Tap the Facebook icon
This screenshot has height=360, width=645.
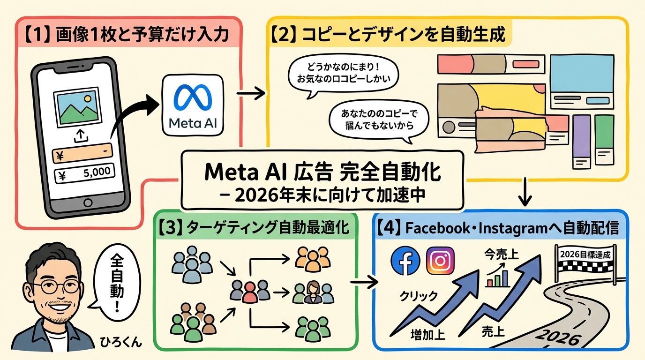[405, 261]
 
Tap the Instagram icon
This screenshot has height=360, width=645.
[440, 261]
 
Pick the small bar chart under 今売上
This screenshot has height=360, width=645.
[498, 278]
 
